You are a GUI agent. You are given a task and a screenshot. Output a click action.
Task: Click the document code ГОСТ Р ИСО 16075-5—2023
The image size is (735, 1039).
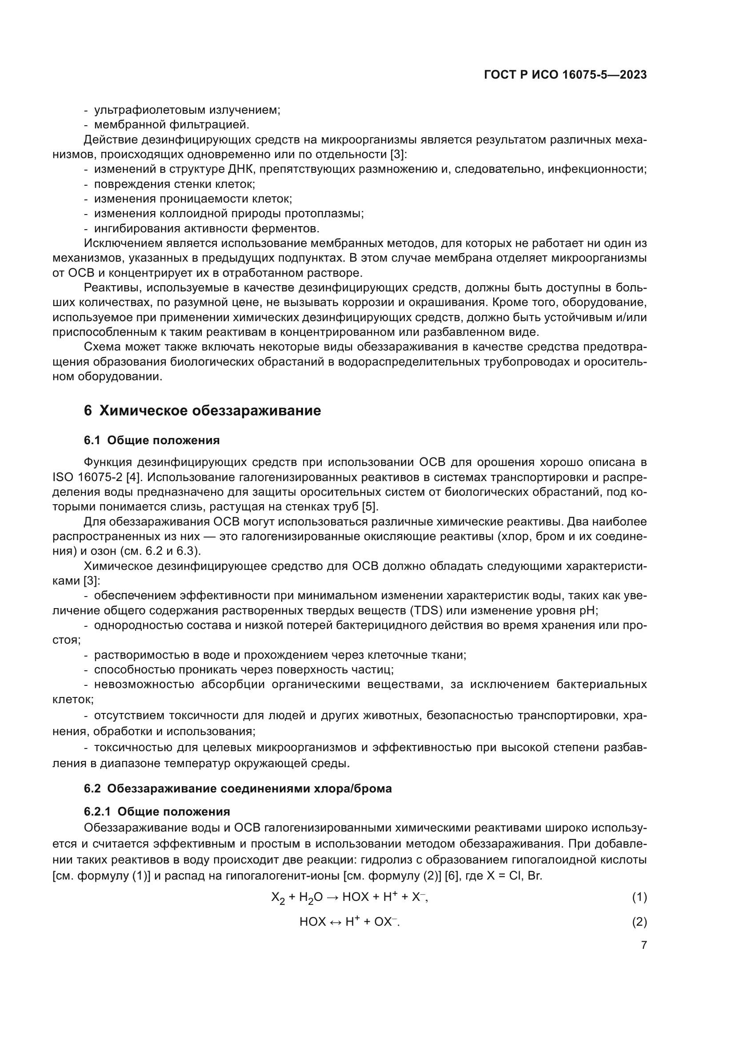[565, 75]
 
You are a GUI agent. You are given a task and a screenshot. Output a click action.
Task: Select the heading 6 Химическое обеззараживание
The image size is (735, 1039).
[202, 410]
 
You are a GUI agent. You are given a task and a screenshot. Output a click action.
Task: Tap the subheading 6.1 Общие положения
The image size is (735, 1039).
[152, 440]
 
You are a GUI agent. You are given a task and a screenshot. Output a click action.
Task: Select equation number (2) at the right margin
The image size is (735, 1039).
[639, 922]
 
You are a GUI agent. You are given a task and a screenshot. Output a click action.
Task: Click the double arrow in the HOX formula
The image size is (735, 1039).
[336, 922]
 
